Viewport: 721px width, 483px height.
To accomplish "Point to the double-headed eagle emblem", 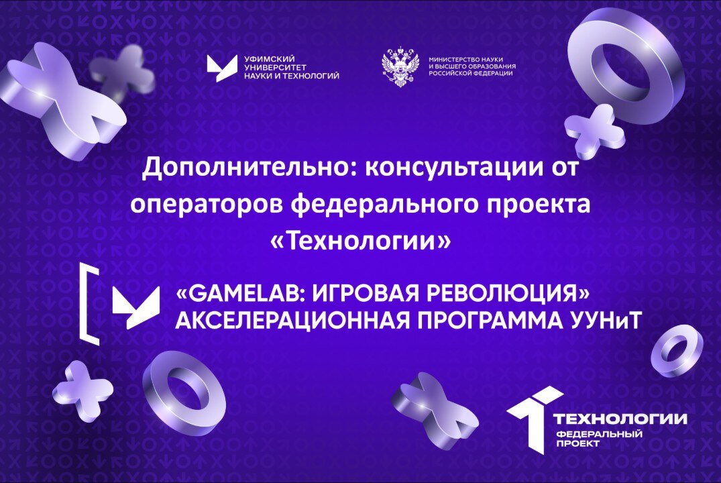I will click(400, 67).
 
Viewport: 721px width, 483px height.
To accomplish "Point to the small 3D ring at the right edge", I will click(677, 350).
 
